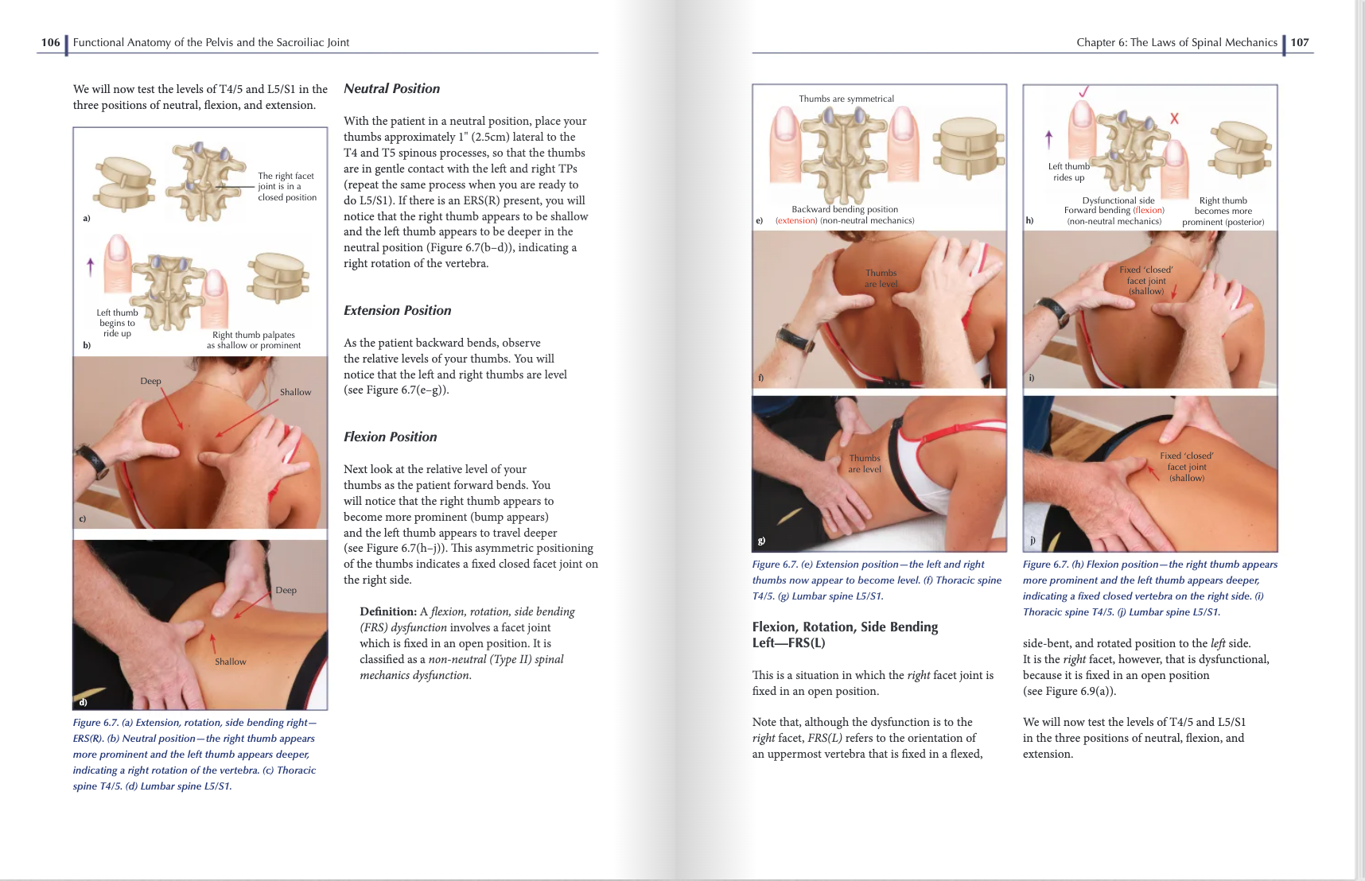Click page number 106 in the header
(x=50, y=42)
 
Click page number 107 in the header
(x=1300, y=42)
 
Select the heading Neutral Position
(x=391, y=89)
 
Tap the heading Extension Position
(x=397, y=311)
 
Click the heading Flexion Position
(x=390, y=437)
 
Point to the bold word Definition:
(x=387, y=611)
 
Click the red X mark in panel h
(x=1174, y=118)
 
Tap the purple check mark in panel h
(x=1084, y=91)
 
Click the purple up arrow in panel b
(x=90, y=266)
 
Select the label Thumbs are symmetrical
(x=846, y=99)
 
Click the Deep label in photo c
(x=150, y=381)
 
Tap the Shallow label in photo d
(x=230, y=662)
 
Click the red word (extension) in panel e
(x=795, y=221)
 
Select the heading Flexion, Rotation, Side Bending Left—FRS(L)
(x=844, y=635)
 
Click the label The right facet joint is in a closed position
(x=286, y=187)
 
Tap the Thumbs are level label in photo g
(x=864, y=464)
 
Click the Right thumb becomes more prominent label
(x=1223, y=212)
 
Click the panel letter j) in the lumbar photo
(x=1032, y=540)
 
